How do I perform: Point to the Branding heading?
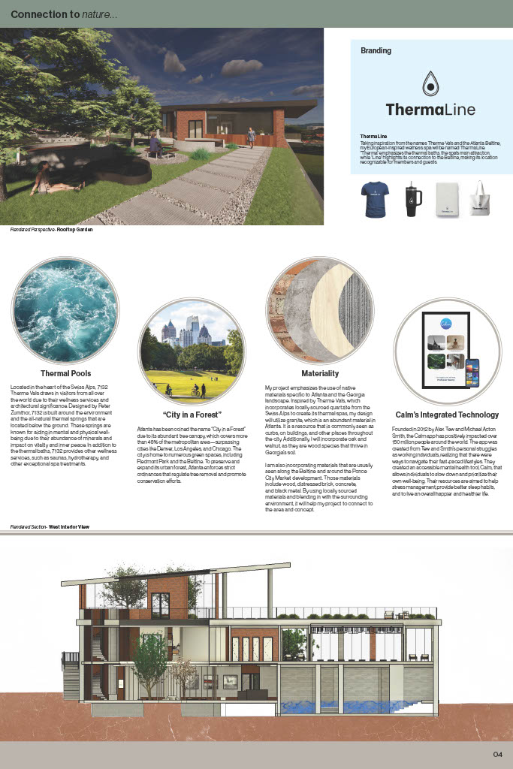point(376,51)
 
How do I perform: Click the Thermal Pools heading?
point(65,372)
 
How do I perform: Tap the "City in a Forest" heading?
point(192,415)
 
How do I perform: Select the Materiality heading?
point(320,373)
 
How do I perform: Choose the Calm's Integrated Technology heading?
point(447,415)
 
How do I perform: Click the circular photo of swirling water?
point(65,310)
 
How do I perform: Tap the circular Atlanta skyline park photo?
point(192,351)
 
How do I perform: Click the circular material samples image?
point(320,310)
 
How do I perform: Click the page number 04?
point(497,754)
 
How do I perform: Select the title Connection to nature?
point(64,14)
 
